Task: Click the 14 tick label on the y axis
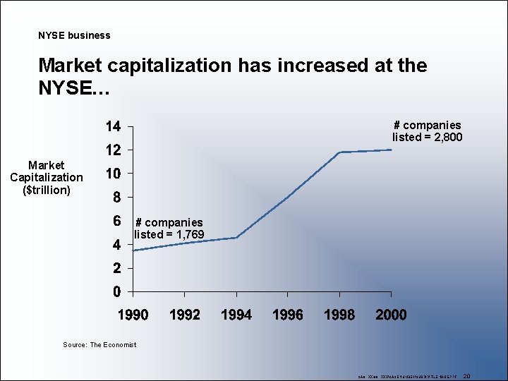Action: (113, 127)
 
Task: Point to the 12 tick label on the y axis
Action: (113, 150)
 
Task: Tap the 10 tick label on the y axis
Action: (113, 174)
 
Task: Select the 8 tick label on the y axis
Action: (116, 197)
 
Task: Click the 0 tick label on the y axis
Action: (116, 291)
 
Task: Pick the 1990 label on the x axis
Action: (133, 315)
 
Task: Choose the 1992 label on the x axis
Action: (185, 315)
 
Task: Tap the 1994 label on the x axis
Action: (236, 315)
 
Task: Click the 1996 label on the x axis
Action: (288, 315)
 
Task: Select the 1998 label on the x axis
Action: (339, 315)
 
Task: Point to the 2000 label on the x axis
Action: (391, 315)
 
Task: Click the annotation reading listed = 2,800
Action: (427, 137)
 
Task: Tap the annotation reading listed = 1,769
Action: (169, 234)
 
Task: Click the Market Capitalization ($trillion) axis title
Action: (47, 177)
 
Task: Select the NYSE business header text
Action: (74, 35)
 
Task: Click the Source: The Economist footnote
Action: (99, 344)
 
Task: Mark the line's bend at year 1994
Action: (236, 238)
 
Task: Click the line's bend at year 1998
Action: (340, 152)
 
